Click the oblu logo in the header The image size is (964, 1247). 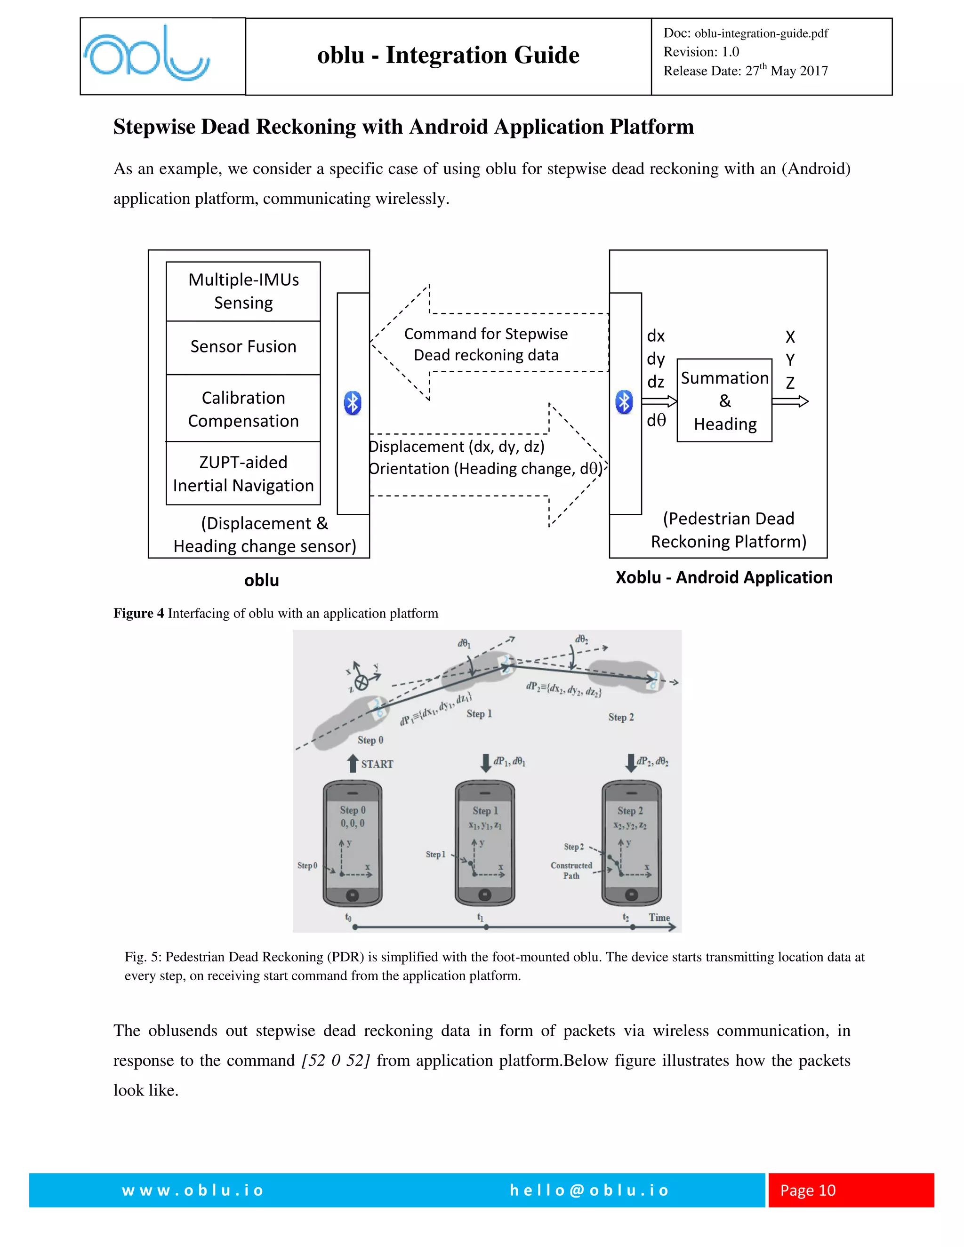point(147,54)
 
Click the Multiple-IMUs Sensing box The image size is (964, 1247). point(243,291)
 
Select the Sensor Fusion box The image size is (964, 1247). point(243,347)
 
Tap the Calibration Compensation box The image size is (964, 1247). point(243,409)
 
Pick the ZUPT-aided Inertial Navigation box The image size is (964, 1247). point(243,473)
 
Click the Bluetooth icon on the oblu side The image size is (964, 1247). point(353,403)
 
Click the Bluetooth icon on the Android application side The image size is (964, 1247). point(624,402)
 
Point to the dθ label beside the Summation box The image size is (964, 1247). point(656,421)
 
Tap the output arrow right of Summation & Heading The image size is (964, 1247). point(790,401)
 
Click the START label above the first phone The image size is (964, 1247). point(377,764)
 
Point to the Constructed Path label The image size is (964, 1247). point(571,870)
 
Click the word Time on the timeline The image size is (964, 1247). point(659,918)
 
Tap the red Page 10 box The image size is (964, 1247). point(851,1190)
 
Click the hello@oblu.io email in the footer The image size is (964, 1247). point(589,1190)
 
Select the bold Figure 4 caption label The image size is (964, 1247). point(138,613)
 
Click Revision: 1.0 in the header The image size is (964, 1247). point(701,52)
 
